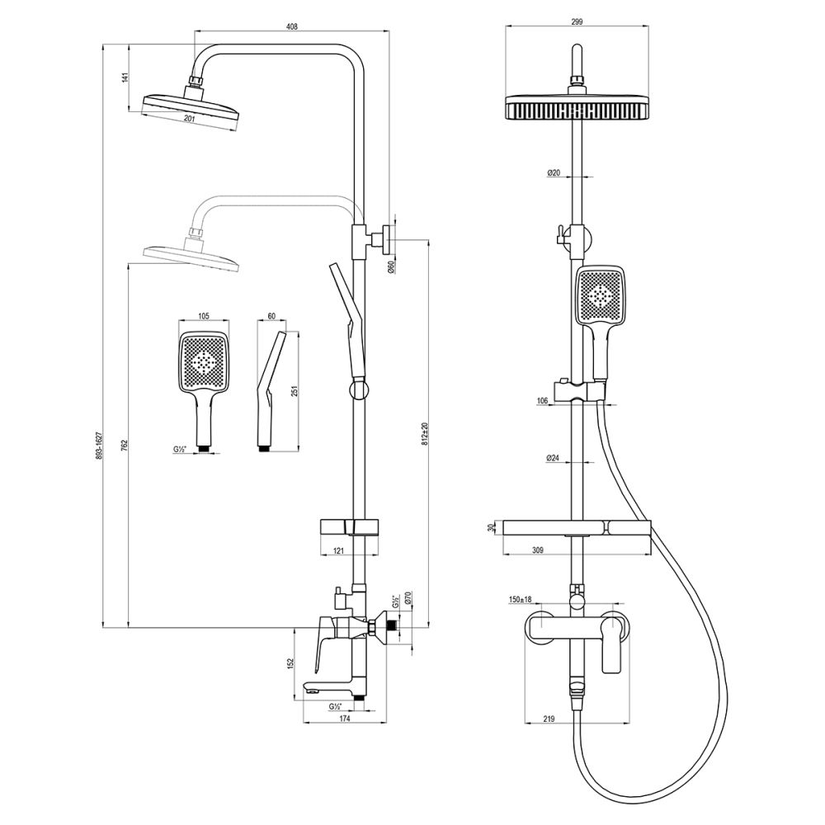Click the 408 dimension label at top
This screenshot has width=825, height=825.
pyautogui.click(x=292, y=27)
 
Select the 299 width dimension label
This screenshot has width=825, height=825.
pyautogui.click(x=577, y=21)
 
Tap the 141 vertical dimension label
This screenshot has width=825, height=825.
pyautogui.click(x=125, y=78)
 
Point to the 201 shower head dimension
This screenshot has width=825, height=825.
pyautogui.click(x=190, y=119)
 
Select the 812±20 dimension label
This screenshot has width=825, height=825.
pyautogui.click(x=425, y=433)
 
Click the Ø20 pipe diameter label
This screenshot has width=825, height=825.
pyautogui.click(x=554, y=172)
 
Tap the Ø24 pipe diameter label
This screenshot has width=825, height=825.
pyautogui.click(x=553, y=458)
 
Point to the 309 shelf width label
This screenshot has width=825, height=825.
pyautogui.click(x=537, y=550)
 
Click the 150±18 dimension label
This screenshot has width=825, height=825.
pyautogui.click(x=521, y=599)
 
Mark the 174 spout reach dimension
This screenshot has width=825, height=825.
pyautogui.click(x=345, y=719)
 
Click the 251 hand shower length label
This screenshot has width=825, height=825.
pyautogui.click(x=295, y=392)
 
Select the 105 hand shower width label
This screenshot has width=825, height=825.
pyautogui.click(x=204, y=316)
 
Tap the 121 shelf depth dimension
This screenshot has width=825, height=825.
pyautogui.click(x=338, y=550)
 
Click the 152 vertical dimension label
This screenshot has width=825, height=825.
pyautogui.click(x=289, y=664)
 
